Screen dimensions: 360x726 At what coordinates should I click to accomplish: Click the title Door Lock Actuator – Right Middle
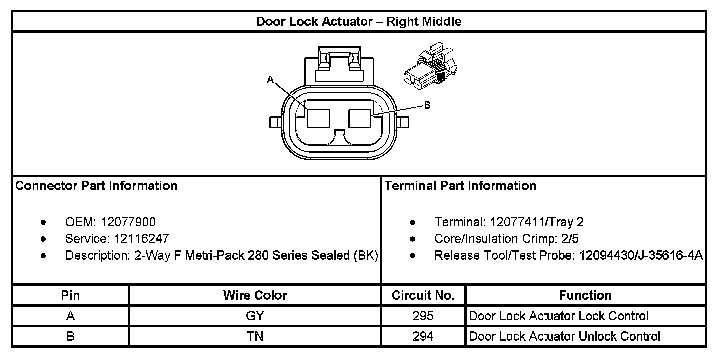359,22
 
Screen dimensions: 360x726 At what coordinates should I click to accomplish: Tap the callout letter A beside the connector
270,79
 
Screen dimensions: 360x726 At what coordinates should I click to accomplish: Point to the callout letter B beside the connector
427,105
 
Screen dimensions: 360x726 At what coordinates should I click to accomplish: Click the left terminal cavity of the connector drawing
318,119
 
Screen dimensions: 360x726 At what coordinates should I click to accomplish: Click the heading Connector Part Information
96,186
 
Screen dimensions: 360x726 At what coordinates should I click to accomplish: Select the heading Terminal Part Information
460,186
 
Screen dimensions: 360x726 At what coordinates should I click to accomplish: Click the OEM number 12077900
128,222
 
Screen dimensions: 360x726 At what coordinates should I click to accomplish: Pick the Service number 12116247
138,239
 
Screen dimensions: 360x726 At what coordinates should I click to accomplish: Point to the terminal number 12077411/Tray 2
537,222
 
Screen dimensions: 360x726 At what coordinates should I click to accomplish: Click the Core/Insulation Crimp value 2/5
569,239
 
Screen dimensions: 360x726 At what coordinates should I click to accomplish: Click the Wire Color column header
255,295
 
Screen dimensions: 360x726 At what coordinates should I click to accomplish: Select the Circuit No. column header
423,295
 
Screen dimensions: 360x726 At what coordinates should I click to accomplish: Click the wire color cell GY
255,316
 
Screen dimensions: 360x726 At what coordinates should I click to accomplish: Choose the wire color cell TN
255,336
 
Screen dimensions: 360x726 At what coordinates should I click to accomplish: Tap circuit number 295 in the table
423,316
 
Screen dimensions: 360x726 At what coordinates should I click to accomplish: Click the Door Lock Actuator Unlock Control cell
564,336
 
